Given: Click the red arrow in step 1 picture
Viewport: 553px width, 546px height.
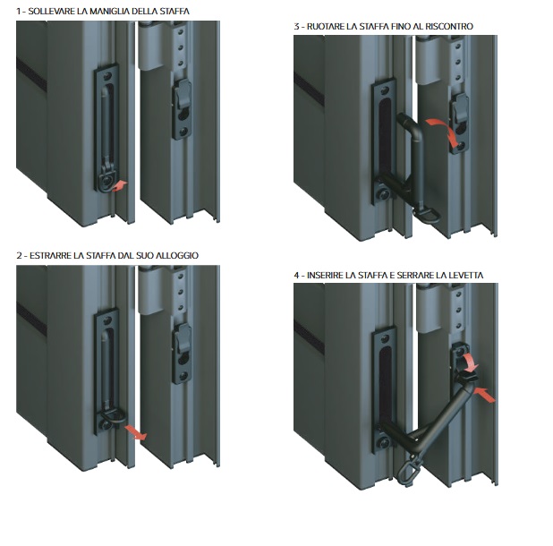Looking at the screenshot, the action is tap(120, 186).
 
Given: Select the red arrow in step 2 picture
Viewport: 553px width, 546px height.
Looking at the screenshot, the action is tap(135, 432).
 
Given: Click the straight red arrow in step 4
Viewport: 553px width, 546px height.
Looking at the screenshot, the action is tap(485, 395).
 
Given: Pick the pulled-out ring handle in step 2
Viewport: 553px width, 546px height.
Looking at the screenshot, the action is tap(114, 415).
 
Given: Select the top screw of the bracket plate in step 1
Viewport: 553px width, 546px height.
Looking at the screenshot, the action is tap(107, 75).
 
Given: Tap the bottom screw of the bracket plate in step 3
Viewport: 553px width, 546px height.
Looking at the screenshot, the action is tap(384, 194).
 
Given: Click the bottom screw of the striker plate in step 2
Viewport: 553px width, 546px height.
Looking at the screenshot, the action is tap(183, 376).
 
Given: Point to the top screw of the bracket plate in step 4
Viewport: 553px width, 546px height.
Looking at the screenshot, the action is tap(385, 338).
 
